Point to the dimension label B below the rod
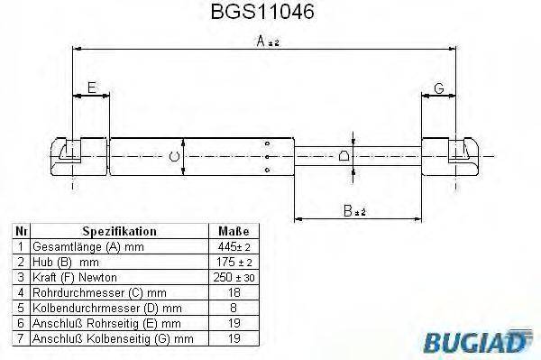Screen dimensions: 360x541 [x=352, y=213]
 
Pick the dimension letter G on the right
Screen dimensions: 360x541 [x=438, y=88]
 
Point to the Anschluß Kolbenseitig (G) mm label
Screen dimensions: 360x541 [x=113, y=338]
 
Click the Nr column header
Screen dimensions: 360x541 [x=21, y=231]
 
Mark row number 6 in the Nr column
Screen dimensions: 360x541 [x=21, y=323]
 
